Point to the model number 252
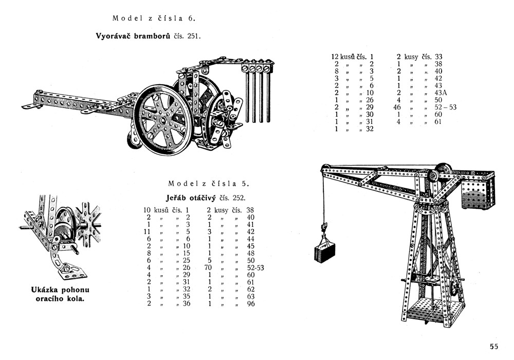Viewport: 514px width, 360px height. [238, 197]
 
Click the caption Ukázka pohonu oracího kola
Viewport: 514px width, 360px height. [57, 294]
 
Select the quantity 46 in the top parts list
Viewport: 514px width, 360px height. [396, 107]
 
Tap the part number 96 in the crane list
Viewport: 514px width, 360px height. [251, 303]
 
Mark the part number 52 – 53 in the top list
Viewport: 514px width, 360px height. [445, 107]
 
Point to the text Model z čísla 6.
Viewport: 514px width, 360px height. [154, 19]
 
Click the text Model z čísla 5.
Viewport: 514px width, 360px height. [209, 184]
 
